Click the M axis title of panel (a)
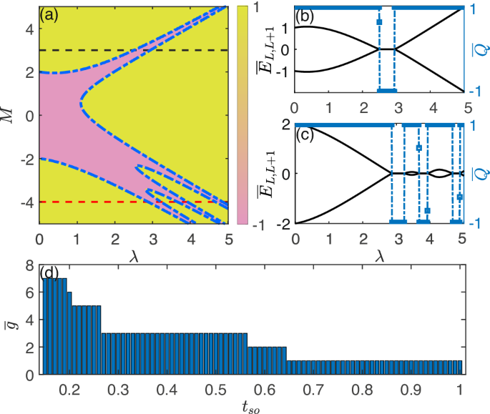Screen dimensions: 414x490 click(9, 113)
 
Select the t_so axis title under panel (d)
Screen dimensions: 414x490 click(251, 407)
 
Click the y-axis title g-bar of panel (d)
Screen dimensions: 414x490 click(10, 320)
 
